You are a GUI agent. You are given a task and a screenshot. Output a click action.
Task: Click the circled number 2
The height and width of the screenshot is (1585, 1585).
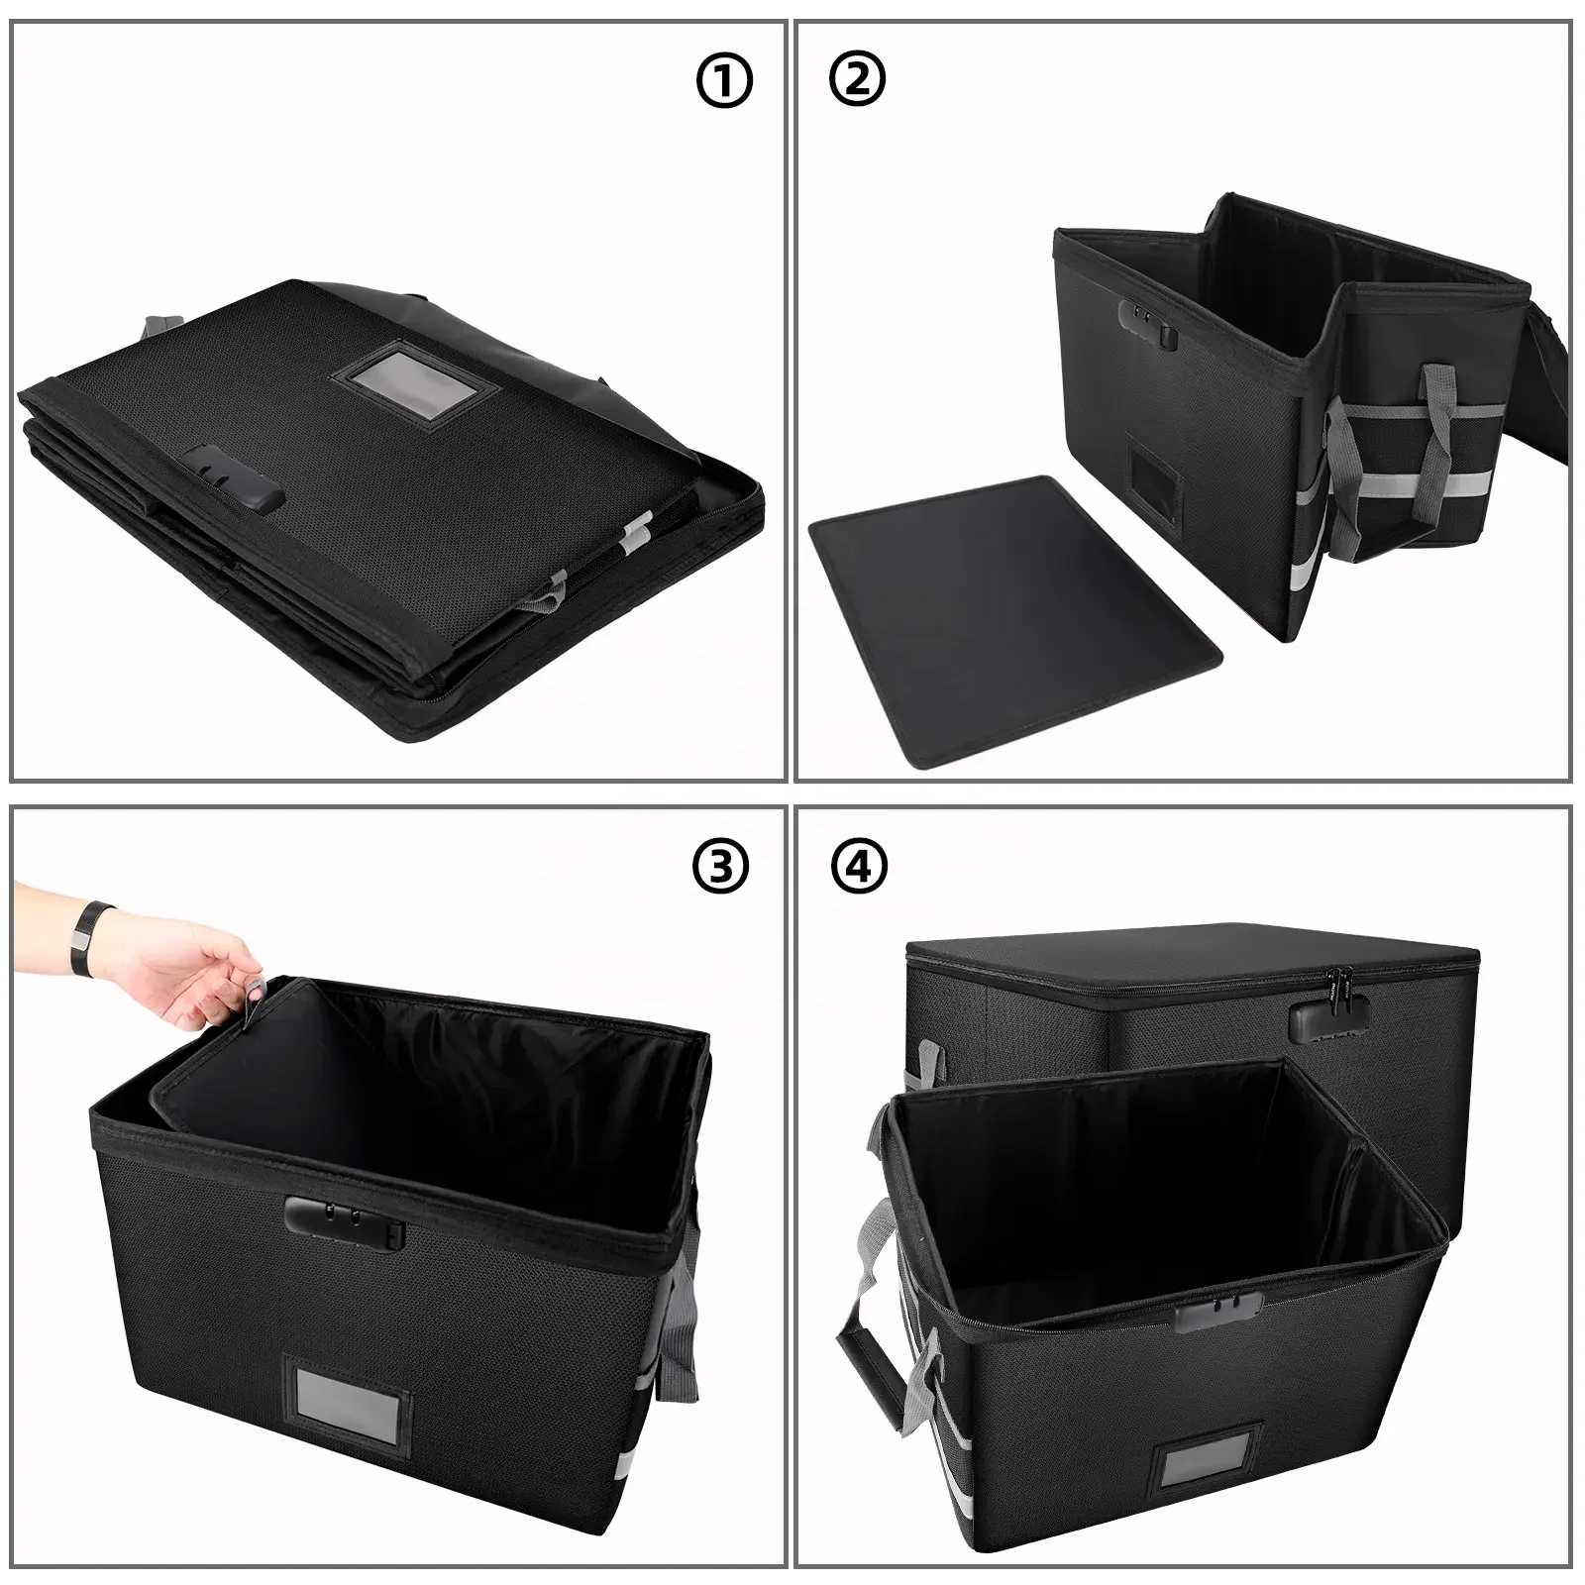pyautogui.click(x=858, y=80)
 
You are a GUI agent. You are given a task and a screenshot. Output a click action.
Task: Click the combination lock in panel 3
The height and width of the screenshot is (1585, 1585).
pyautogui.click(x=346, y=1220)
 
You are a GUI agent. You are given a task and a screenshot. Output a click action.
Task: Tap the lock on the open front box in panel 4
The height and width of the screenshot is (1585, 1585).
pyautogui.click(x=1216, y=1310)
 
